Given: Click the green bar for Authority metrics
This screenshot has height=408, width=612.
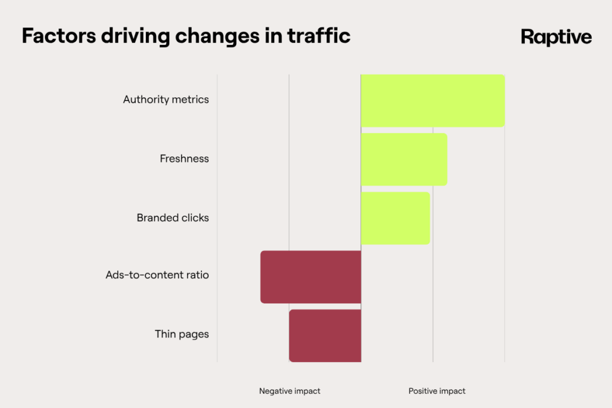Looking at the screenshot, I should coord(433,100).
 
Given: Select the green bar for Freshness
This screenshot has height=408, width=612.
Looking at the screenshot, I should coord(404,159).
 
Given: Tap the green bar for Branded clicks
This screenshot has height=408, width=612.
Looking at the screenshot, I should coord(395,218).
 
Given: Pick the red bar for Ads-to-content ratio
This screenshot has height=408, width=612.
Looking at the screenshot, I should coord(311,277).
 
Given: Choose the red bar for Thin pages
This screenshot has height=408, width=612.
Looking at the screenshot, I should coord(325,335).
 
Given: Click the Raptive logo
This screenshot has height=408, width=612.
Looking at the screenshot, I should coord(556,37).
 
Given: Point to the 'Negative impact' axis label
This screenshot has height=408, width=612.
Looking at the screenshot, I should coord(289,391).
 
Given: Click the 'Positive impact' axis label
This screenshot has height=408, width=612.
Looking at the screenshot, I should coord(437,391).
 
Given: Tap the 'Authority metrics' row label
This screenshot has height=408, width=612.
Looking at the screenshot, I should coord(166,100).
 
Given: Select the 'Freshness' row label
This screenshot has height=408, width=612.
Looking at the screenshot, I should coord(184,159).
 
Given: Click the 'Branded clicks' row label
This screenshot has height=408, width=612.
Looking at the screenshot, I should coord(173,218).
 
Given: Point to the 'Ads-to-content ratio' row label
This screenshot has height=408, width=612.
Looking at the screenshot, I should coord(157,276).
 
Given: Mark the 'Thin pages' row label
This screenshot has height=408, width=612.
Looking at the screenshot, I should coord(182,335).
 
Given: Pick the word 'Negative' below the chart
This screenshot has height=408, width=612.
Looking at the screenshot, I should coord(277,391).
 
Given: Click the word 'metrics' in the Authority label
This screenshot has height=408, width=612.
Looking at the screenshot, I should coord(190,100).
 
